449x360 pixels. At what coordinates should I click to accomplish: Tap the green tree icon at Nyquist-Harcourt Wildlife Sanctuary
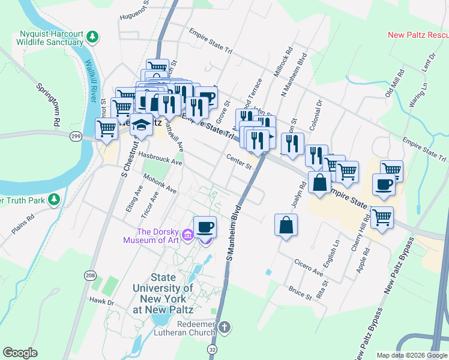92,37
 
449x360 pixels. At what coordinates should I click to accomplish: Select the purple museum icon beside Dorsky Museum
188,233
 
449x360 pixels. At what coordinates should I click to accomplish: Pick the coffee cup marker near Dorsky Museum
205,226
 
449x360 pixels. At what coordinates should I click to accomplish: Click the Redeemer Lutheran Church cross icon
224,328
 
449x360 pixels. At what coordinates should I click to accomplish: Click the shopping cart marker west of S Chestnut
107,128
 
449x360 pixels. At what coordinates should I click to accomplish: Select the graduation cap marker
142,125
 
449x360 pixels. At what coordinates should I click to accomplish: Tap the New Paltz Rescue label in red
418,35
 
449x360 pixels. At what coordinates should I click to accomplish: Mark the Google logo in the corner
20,353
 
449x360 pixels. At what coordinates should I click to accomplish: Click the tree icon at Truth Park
55,199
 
